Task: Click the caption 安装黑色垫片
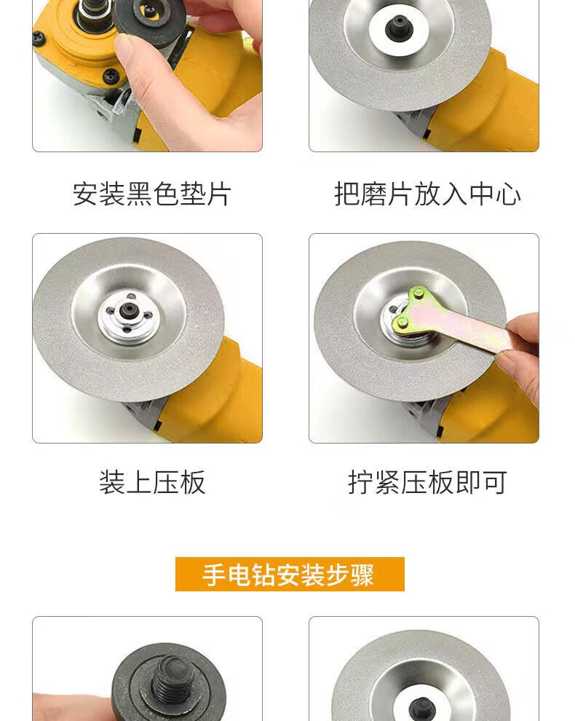point(151,194)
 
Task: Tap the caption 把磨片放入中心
point(427,194)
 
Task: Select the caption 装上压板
point(152,482)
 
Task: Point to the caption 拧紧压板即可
point(427,482)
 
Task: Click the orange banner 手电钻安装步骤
point(290,575)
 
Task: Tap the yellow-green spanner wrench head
point(410,310)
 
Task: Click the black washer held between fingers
point(150,20)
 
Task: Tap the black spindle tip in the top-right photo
point(399,27)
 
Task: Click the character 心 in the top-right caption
point(508,194)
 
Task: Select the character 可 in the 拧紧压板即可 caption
point(494,482)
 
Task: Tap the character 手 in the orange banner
point(215,575)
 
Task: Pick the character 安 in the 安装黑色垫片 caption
point(85,194)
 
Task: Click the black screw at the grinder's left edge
point(39,38)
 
